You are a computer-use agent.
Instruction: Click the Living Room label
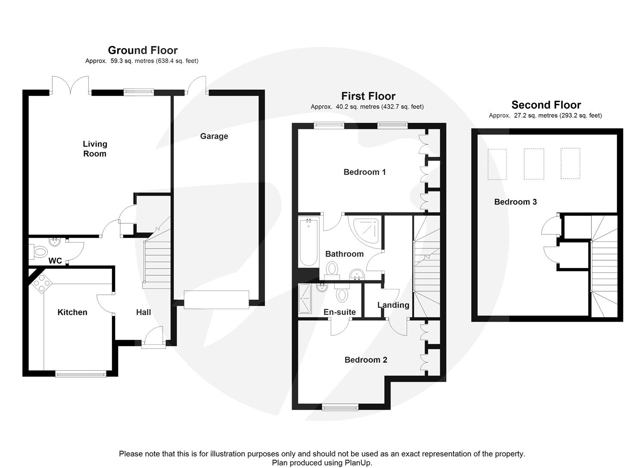pyautogui.click(x=95, y=149)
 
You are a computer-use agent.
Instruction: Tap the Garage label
pyautogui.click(x=214, y=136)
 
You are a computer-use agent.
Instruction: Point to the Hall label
pyautogui.click(x=143, y=312)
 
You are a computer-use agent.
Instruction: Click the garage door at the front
pyautogui.click(x=216, y=299)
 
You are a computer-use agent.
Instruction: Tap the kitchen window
pyautogui.click(x=81, y=374)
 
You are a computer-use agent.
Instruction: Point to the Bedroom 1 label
pyautogui.click(x=365, y=172)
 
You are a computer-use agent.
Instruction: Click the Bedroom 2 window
pyautogui.click(x=340, y=407)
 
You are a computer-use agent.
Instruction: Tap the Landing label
pyautogui.click(x=393, y=305)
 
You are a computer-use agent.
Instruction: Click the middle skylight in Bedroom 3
pyautogui.click(x=534, y=164)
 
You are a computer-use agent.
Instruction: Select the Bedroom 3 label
pyautogui.click(x=515, y=202)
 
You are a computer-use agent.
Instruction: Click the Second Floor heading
pyautogui.click(x=546, y=105)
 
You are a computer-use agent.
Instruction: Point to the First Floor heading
pyautogui.click(x=368, y=96)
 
